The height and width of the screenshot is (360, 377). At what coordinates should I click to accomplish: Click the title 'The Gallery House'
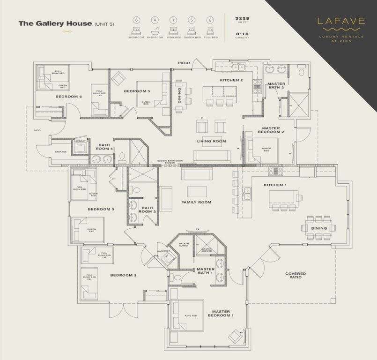click(55, 23)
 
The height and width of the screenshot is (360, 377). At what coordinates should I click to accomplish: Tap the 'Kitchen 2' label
click(231, 81)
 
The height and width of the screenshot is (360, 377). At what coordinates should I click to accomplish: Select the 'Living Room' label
click(212, 141)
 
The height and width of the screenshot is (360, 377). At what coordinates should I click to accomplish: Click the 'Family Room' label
click(196, 202)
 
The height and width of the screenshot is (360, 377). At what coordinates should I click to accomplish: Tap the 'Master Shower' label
click(206, 250)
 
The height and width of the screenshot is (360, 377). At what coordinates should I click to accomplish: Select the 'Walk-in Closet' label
click(184, 245)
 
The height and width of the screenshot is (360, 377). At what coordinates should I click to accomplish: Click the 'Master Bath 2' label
click(276, 86)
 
